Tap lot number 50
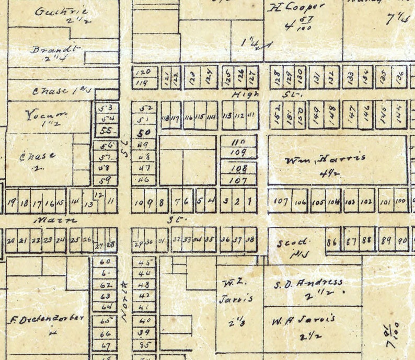click(144, 132)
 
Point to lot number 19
click(12, 203)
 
